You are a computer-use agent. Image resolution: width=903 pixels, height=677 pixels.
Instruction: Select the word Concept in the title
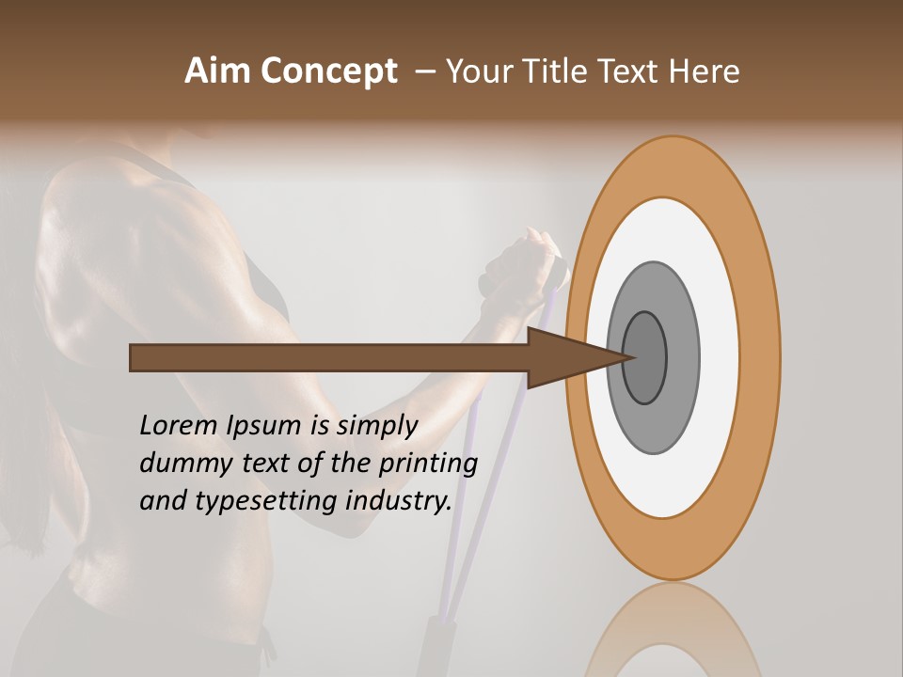coord(328,71)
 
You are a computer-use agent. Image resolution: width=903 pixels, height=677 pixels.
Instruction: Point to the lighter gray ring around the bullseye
coord(682,357)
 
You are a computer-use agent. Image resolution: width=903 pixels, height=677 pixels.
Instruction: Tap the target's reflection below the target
coord(672,630)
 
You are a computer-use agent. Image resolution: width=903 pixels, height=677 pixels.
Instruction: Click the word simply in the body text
coord(375,427)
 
